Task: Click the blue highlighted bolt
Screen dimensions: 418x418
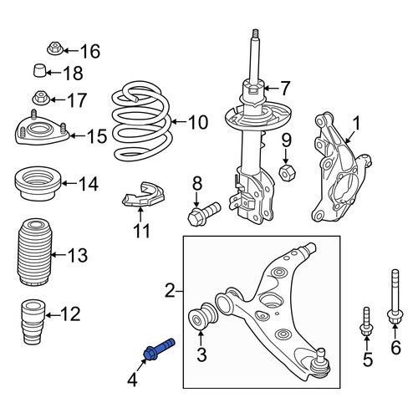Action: click(159, 349)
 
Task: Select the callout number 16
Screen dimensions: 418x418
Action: click(90, 51)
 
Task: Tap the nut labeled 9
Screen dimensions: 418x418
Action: click(288, 172)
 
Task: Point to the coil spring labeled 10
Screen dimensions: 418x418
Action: click(140, 121)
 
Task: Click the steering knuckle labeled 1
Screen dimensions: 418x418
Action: click(340, 167)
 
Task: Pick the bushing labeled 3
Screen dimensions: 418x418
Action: click(202, 317)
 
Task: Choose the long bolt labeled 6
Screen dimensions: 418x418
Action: click(395, 297)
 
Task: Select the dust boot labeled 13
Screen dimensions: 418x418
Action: click(34, 252)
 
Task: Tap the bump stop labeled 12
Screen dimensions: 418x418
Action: click(33, 322)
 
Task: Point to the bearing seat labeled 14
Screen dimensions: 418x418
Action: click(38, 183)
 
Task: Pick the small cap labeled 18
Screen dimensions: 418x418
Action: click(40, 70)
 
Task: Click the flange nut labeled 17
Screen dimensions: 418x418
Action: click(41, 98)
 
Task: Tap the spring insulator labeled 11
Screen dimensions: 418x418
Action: click(144, 195)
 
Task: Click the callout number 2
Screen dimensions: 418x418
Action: click(170, 290)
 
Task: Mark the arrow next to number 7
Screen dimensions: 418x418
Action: click(269, 89)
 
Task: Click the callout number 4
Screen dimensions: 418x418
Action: click(132, 380)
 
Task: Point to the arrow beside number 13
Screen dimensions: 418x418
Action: click(58, 254)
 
